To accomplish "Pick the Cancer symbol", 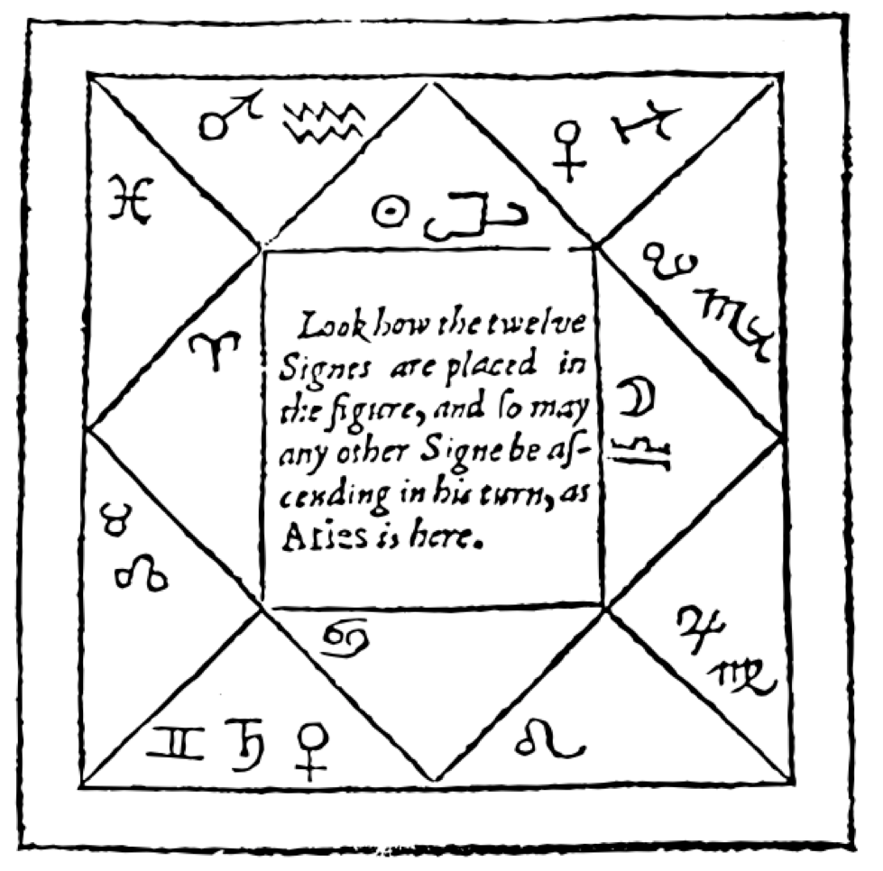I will click(x=346, y=638).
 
